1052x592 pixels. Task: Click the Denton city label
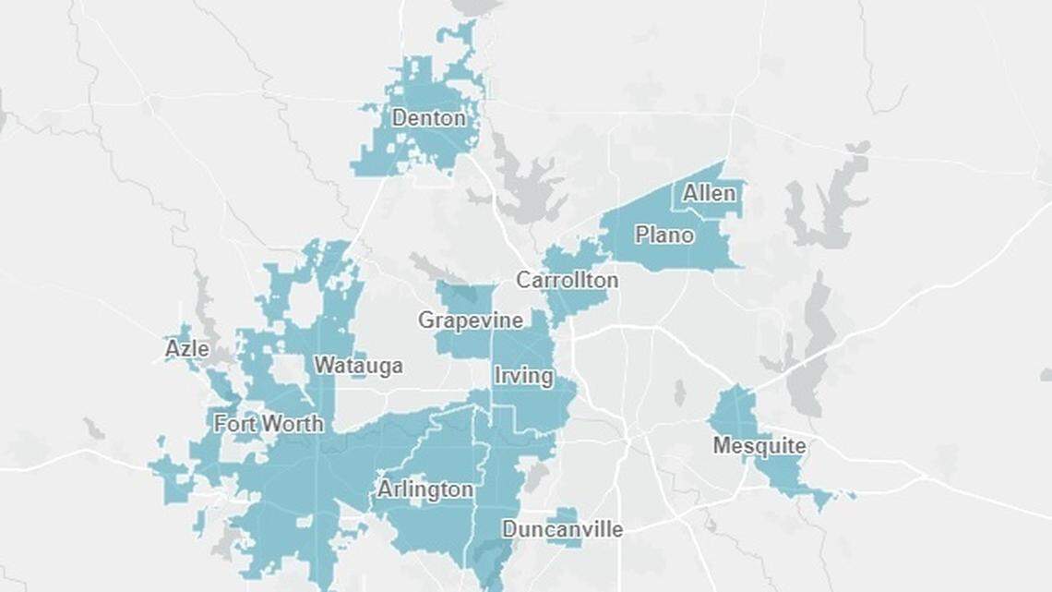428,118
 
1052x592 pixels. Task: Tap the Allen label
709,193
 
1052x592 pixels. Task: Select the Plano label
663,235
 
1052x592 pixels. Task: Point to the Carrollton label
567,280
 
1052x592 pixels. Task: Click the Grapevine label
470,320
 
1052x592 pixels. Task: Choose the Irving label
523,376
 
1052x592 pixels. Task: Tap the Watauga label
358,366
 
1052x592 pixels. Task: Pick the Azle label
186,349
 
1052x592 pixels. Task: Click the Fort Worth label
269,424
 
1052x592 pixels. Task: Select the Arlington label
424,489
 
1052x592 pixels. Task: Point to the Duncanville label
562,529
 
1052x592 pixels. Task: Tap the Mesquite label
759,446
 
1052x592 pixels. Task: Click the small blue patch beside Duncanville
564,514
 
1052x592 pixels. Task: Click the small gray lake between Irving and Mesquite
679,393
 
